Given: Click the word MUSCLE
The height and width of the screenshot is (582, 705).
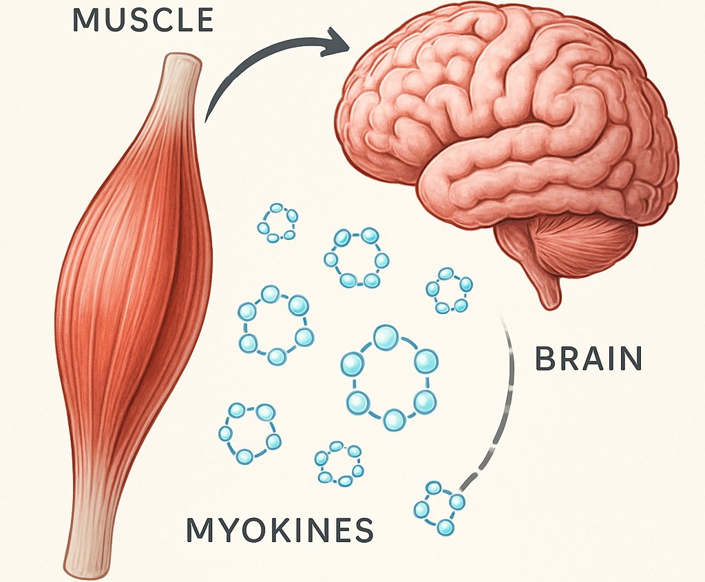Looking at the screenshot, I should [x=143, y=20].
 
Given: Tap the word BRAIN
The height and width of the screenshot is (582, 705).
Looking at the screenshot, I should [x=589, y=359].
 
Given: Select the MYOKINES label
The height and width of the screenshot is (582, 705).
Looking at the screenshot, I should [x=280, y=530].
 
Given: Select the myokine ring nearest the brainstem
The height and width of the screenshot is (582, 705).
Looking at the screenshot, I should [x=449, y=290].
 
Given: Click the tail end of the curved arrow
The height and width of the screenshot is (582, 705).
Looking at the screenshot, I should [x=207, y=118].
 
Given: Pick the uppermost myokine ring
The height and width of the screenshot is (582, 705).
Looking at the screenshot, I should [x=278, y=222].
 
